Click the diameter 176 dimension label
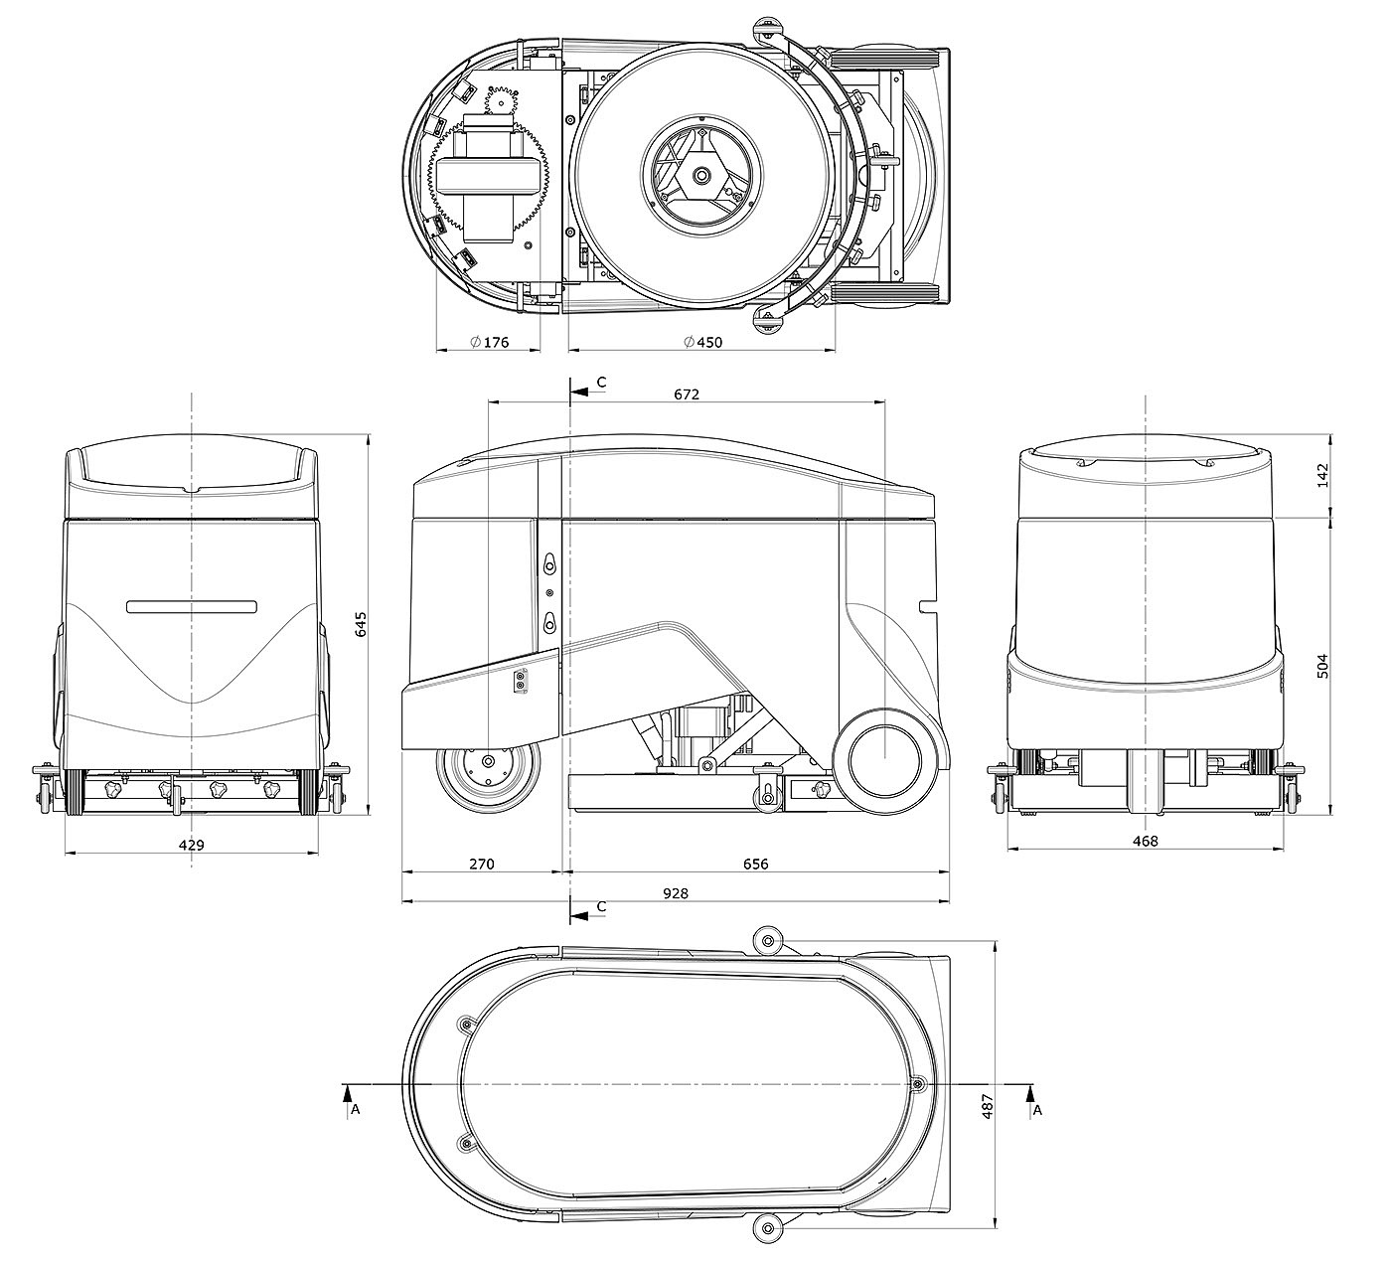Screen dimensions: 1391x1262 point(489,342)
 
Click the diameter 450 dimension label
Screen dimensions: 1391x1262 point(702,342)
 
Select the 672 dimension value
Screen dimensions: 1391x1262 point(687,394)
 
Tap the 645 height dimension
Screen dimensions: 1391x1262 point(360,624)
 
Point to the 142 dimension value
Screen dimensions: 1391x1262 point(1322,477)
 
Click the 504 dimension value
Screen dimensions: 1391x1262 point(1322,666)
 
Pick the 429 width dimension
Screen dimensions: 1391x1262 point(192,845)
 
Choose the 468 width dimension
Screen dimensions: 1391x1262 point(1146,841)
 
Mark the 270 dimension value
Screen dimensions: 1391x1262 point(482,864)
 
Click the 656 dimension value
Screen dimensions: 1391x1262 point(756,864)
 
